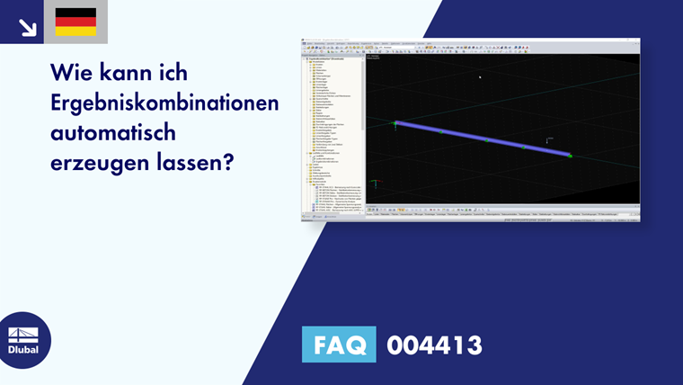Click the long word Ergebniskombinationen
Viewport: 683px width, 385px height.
(164, 103)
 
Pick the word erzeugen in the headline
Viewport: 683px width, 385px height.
(93, 166)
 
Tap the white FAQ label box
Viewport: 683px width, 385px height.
(339, 345)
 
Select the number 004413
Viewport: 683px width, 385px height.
(434, 345)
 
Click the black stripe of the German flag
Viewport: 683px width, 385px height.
(75, 13)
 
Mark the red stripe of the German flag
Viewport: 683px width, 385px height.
(75, 22)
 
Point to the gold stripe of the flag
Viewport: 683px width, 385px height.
(75, 31)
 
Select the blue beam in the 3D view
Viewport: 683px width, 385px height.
(483, 139)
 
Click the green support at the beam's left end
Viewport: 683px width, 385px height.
(394, 122)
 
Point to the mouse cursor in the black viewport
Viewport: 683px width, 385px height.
(479, 76)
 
